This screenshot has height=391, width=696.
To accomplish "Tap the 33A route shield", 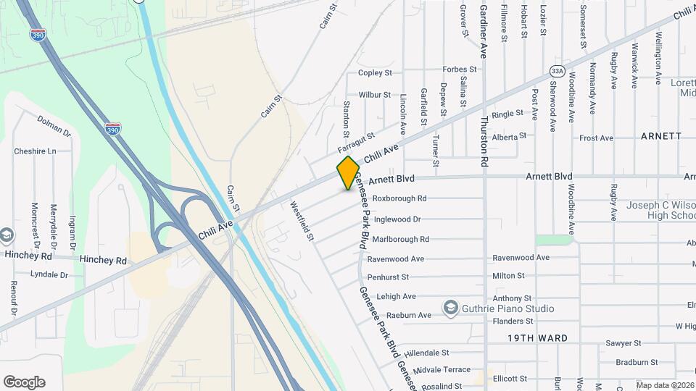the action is (557, 71).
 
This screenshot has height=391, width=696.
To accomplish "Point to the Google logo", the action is (24, 382).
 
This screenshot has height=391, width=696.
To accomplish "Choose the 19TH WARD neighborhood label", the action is (537, 338).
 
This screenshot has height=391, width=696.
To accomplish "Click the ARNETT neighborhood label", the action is (661, 136).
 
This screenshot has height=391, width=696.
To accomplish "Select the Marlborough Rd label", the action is (401, 239).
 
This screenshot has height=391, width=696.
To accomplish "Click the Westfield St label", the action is (302, 221).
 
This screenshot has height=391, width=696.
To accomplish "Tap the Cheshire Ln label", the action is (35, 151).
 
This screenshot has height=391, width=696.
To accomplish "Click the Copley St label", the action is (375, 73).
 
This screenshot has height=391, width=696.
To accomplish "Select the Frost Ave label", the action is (597, 138).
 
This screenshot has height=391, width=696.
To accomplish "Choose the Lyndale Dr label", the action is (49, 275).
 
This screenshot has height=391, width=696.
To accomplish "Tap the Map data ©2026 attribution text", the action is (665, 385).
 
